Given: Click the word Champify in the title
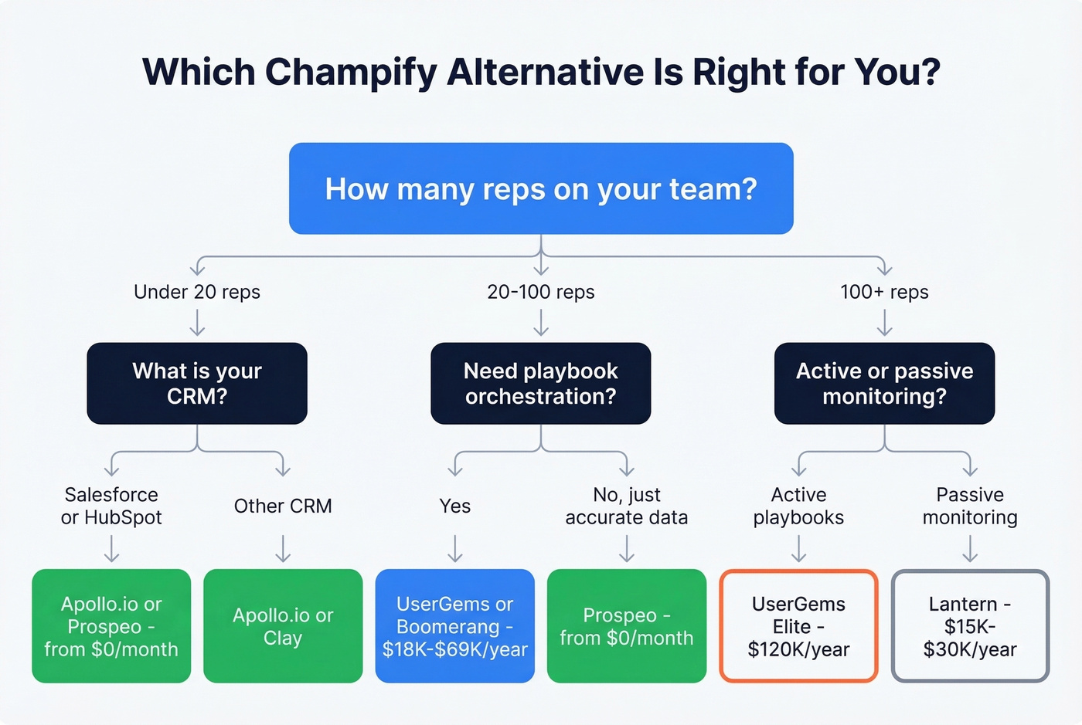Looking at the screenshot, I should pyautogui.click(x=351, y=73).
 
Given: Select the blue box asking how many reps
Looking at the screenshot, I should pyautogui.click(x=541, y=188).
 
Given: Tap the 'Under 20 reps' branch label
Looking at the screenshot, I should pyautogui.click(x=197, y=292).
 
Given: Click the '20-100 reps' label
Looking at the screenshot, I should pyautogui.click(x=541, y=292).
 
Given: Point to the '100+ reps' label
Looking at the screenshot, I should pyautogui.click(x=884, y=292).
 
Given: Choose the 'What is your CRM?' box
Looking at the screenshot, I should pyautogui.click(x=197, y=383).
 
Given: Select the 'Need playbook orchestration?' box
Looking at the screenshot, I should pyautogui.click(x=541, y=383).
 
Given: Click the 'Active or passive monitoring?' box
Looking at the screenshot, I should pyautogui.click(x=884, y=383).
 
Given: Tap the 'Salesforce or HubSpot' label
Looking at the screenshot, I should pyautogui.click(x=111, y=506).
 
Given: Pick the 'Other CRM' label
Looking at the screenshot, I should pyautogui.click(x=283, y=506).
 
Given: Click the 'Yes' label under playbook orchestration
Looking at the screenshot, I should pyautogui.click(x=455, y=506).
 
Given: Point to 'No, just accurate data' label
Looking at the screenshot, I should pyautogui.click(x=627, y=506).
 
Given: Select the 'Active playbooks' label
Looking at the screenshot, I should pyautogui.click(x=798, y=506).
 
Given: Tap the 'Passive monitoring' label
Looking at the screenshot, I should pyautogui.click(x=970, y=506).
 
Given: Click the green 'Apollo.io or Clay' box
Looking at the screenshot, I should pyautogui.click(x=283, y=626).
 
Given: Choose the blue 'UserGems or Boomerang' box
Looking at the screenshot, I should pyautogui.click(x=455, y=626).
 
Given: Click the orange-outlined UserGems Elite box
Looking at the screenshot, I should pyautogui.click(x=798, y=626).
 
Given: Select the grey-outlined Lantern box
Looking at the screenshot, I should pyautogui.click(x=970, y=626).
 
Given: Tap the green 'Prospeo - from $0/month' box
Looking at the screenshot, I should pyautogui.click(x=627, y=626).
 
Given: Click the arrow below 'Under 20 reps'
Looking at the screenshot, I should pyautogui.click(x=197, y=322).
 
